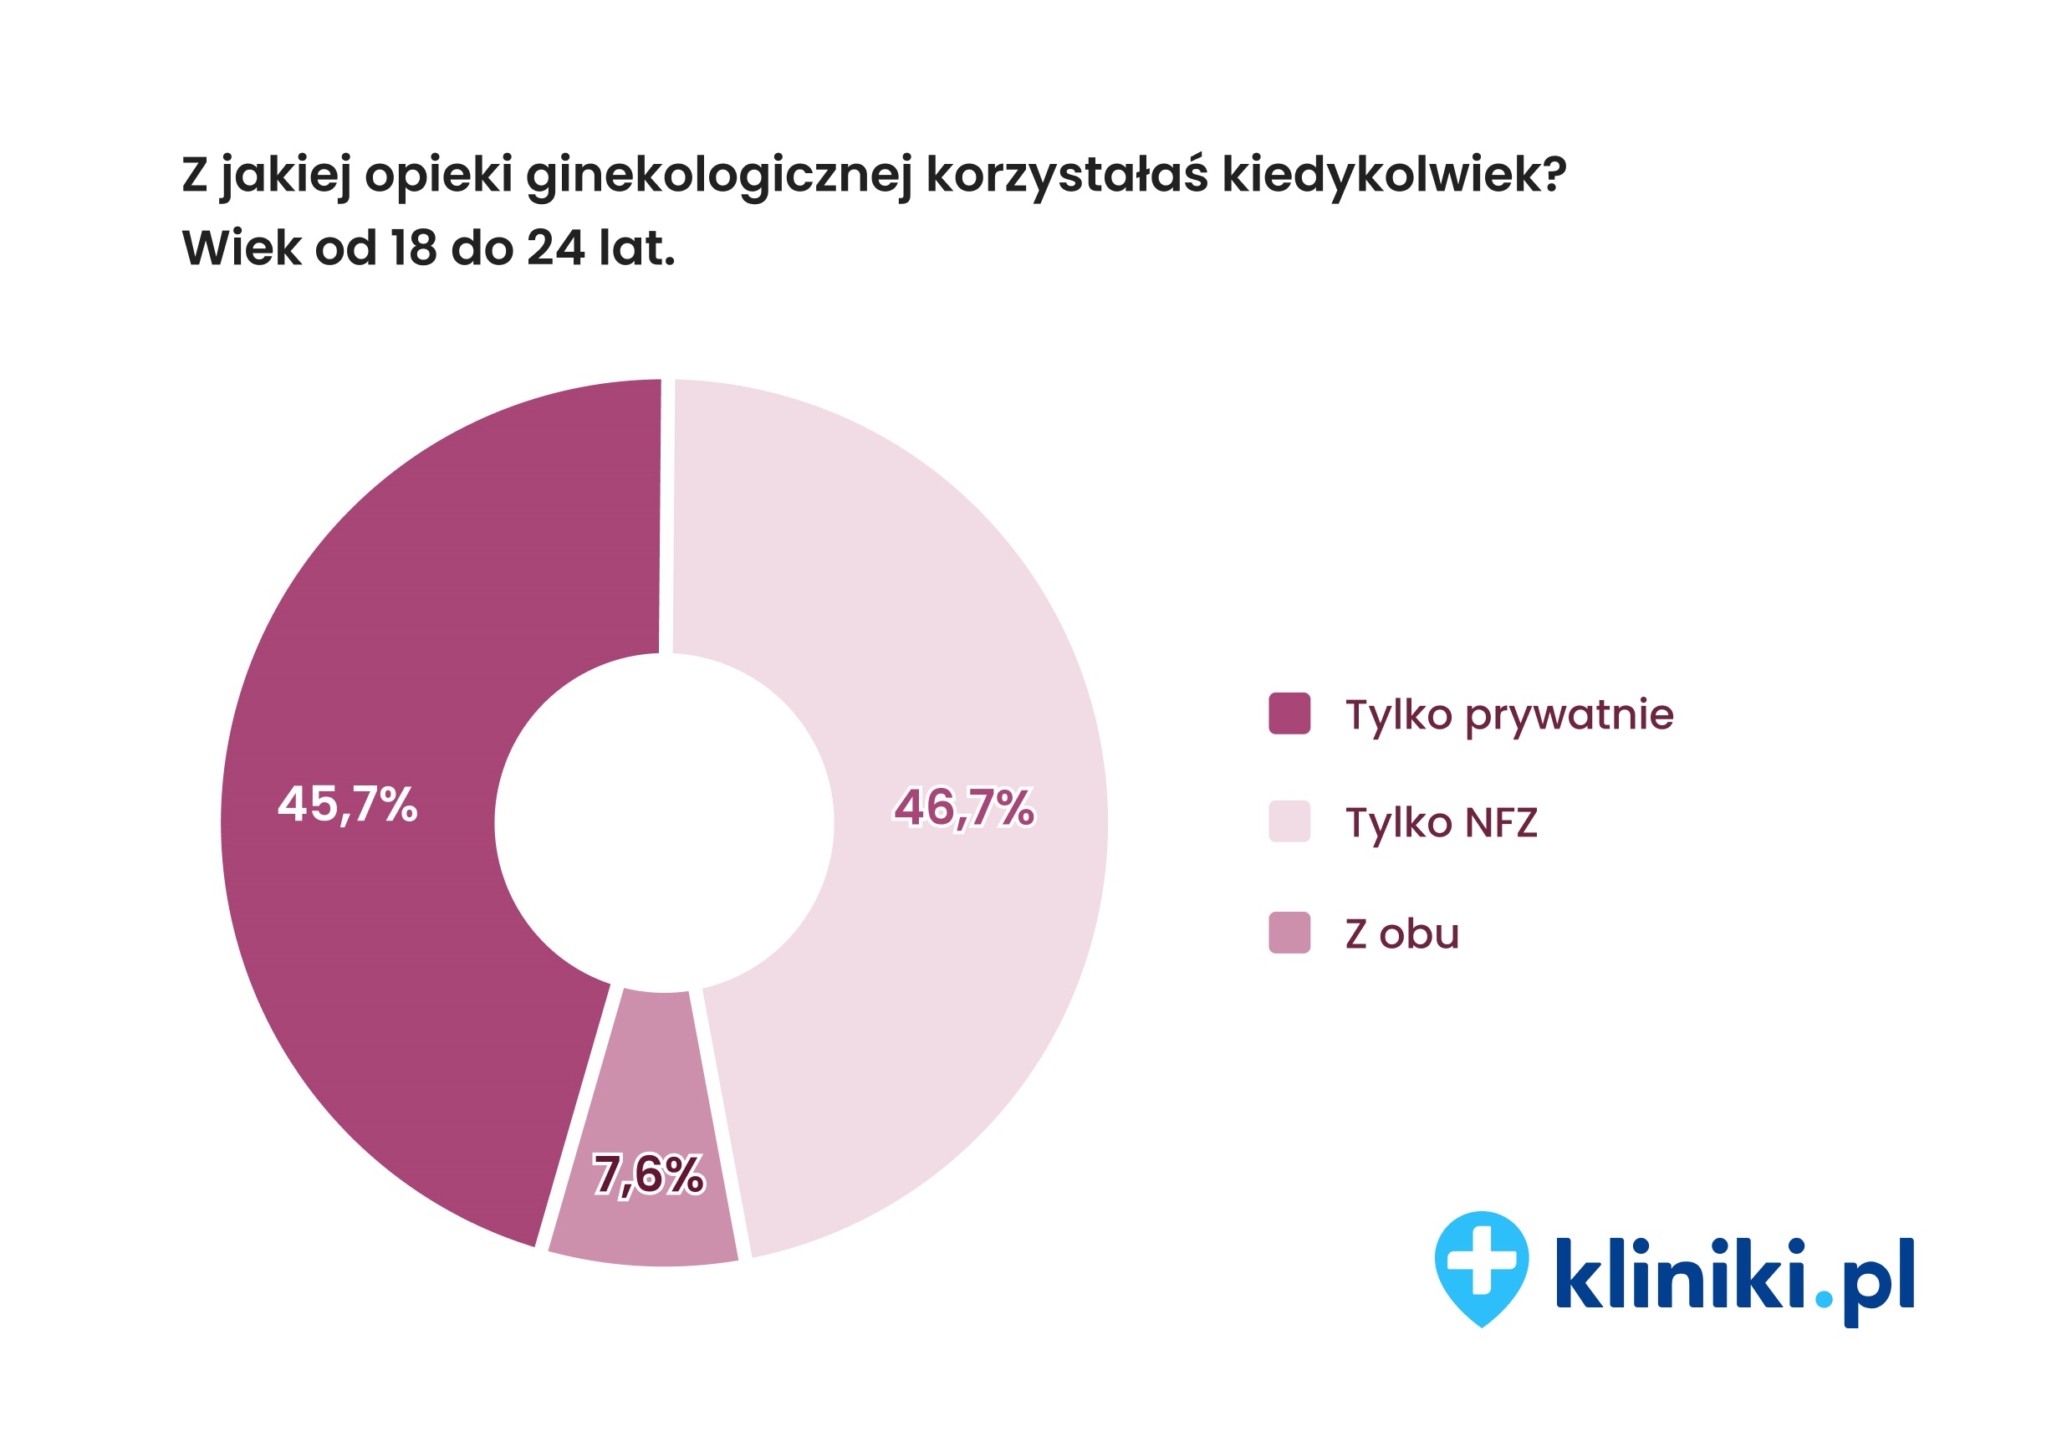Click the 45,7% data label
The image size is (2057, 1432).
coord(348,805)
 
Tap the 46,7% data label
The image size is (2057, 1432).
coord(964,807)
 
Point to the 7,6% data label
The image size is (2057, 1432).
coord(649,1175)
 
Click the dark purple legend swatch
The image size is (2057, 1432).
coord(1289,713)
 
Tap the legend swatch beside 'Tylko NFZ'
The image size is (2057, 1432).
coord(1289,821)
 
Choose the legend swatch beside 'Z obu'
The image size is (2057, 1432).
coord(1289,932)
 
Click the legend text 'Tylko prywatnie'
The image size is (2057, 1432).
coord(1508,715)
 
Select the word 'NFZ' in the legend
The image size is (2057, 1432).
coord(1501,822)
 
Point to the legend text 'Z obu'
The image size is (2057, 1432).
coord(1402,933)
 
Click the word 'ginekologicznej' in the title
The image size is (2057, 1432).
coord(718,175)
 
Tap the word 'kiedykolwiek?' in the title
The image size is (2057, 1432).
coord(1394,175)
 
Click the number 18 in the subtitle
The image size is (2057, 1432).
coord(414,248)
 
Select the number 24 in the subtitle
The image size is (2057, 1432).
coord(555,248)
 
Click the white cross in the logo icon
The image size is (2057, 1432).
coord(1482,1260)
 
